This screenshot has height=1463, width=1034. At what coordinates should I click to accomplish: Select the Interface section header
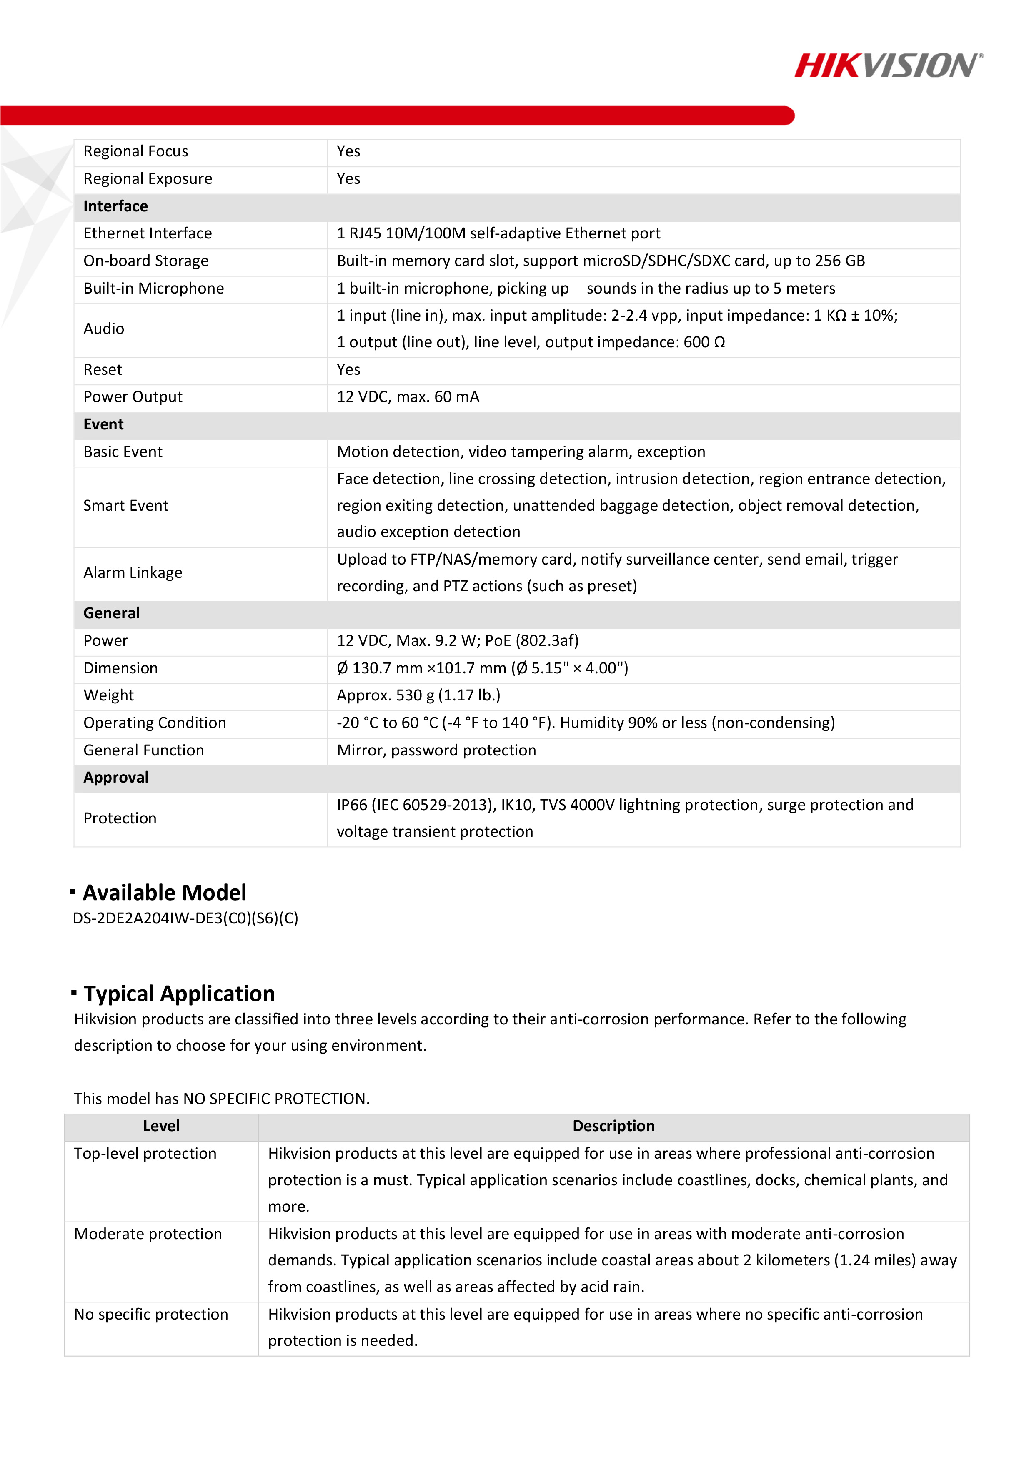click(115, 206)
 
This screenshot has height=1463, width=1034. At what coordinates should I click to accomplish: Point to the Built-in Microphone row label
click(153, 289)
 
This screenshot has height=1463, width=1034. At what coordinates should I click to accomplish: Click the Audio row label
click(104, 329)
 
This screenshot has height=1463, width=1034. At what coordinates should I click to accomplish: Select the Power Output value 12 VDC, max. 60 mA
click(408, 397)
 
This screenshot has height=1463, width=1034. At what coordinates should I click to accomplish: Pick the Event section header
click(104, 424)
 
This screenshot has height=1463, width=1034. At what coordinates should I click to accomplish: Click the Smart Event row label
click(125, 506)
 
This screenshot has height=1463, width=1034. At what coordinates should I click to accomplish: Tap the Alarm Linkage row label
click(133, 573)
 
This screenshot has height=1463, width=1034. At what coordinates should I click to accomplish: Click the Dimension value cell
click(482, 668)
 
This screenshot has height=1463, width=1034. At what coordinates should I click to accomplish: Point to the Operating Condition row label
click(154, 723)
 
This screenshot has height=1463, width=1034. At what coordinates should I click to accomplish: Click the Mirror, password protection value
click(436, 750)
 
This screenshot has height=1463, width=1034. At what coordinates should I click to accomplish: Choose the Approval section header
click(116, 778)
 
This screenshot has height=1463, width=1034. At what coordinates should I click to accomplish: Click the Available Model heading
click(164, 893)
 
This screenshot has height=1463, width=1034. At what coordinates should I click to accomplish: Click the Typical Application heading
click(179, 994)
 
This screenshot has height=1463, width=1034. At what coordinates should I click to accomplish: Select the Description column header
click(613, 1126)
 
